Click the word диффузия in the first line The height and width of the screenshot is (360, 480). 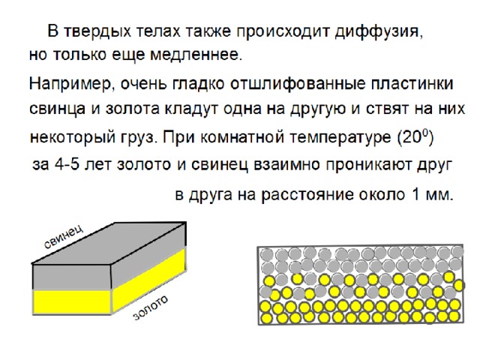pos(378,31)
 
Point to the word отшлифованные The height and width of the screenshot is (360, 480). pos(297,84)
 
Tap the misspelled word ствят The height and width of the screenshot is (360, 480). pos(386,109)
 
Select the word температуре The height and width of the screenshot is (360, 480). pos(340,137)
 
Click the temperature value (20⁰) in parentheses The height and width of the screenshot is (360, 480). pos(415,137)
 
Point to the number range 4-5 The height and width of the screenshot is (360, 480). pos(67,165)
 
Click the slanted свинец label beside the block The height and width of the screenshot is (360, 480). pos(64,237)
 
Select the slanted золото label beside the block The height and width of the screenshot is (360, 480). pos(151,307)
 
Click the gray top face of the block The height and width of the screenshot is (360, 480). pos(109,243)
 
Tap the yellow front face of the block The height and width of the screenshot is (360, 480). pos(72,301)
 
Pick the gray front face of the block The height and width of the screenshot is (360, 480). pos(72,277)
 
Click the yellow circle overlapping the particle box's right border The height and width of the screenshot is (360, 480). pos(459,285)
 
